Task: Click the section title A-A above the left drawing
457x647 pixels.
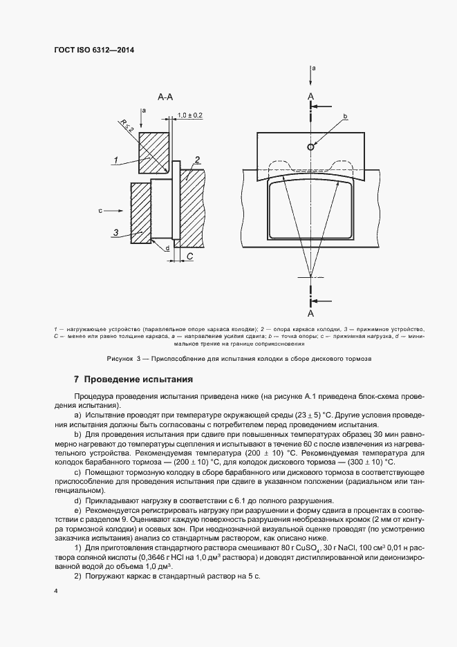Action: (165, 98)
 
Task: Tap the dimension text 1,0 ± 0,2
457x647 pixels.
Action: (189, 115)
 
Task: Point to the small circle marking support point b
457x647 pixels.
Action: (311, 147)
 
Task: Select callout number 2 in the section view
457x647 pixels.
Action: (197, 160)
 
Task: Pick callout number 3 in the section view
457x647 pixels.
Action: (117, 232)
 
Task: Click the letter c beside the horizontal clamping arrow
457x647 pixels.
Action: (100, 209)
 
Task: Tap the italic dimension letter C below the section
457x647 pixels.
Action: (189, 256)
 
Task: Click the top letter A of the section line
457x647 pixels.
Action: (310, 95)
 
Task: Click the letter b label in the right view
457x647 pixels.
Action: (344, 116)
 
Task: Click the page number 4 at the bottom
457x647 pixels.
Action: (55, 591)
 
